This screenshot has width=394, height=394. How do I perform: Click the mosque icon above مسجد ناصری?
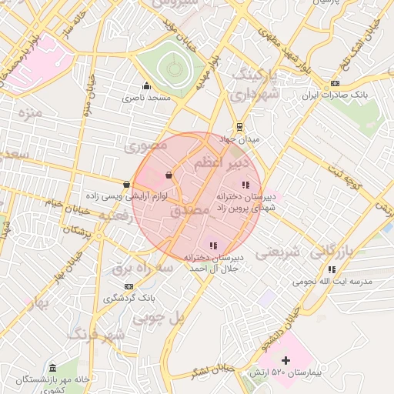click(x=146, y=85)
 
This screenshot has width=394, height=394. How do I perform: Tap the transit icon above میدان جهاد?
click(x=240, y=127)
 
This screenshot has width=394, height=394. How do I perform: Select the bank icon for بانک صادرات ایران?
click(x=334, y=83)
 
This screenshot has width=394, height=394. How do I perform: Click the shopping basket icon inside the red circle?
click(x=168, y=175)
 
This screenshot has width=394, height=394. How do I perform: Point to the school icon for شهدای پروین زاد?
click(x=245, y=185)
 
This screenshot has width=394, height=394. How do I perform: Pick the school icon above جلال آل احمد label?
click(x=213, y=245)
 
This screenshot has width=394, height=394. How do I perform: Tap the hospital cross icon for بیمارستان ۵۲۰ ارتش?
click(x=285, y=360)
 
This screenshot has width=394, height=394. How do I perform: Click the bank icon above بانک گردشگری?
click(x=129, y=286)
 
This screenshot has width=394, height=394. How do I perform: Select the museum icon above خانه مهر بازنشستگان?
click(x=52, y=369)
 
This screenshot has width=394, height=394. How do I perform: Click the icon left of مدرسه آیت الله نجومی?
click(x=332, y=269)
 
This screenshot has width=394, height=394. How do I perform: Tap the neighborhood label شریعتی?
click(x=275, y=252)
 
